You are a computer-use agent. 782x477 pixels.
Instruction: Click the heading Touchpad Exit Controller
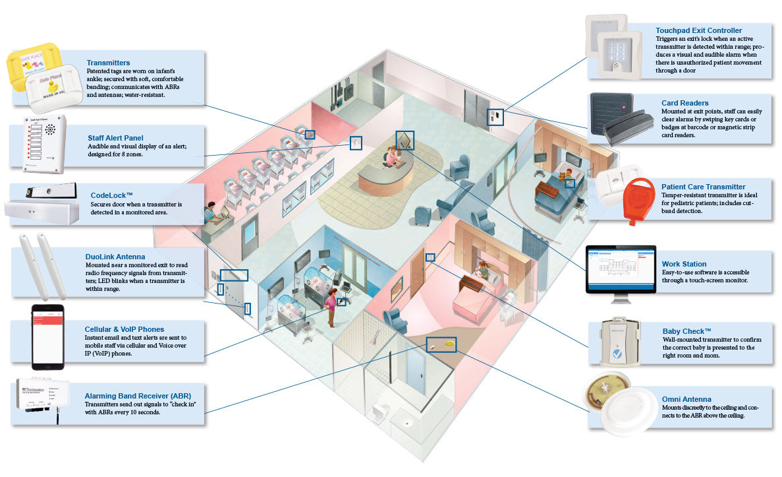click(698, 30)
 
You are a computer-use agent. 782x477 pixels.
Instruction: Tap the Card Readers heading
click(685, 103)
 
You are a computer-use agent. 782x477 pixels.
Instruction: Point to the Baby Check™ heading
click(687, 331)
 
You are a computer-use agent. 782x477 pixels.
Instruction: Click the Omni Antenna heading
click(686, 398)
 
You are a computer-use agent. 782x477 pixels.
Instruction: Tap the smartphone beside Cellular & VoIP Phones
click(49, 336)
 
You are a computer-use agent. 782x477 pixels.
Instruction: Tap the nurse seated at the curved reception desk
click(391, 158)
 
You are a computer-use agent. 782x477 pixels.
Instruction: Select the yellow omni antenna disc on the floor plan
click(448, 343)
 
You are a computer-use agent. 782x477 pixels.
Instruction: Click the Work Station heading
click(684, 264)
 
